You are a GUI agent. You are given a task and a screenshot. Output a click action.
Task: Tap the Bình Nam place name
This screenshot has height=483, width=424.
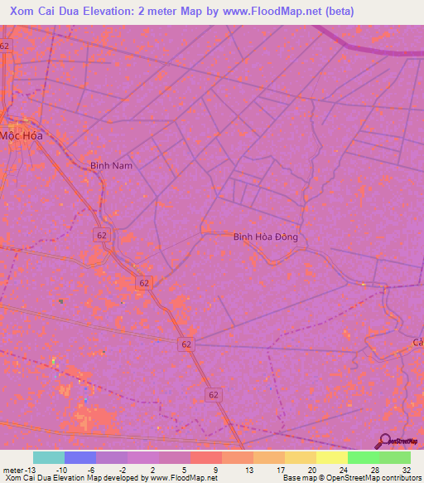tap(111, 166)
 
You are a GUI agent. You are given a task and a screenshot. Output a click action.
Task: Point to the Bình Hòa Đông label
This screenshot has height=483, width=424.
tap(265, 237)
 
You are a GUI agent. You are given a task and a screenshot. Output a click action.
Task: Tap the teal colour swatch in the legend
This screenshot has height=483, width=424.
tap(49, 457)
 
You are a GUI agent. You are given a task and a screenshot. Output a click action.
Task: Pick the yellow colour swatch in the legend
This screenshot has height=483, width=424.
tap(332, 457)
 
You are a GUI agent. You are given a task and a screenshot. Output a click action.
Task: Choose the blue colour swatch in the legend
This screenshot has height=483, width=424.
tap(80, 457)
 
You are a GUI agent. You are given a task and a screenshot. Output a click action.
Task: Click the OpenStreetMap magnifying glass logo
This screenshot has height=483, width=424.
tap(385, 441)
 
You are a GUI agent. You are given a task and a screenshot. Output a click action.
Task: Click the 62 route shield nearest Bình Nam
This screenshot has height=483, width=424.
tap(100, 236)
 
